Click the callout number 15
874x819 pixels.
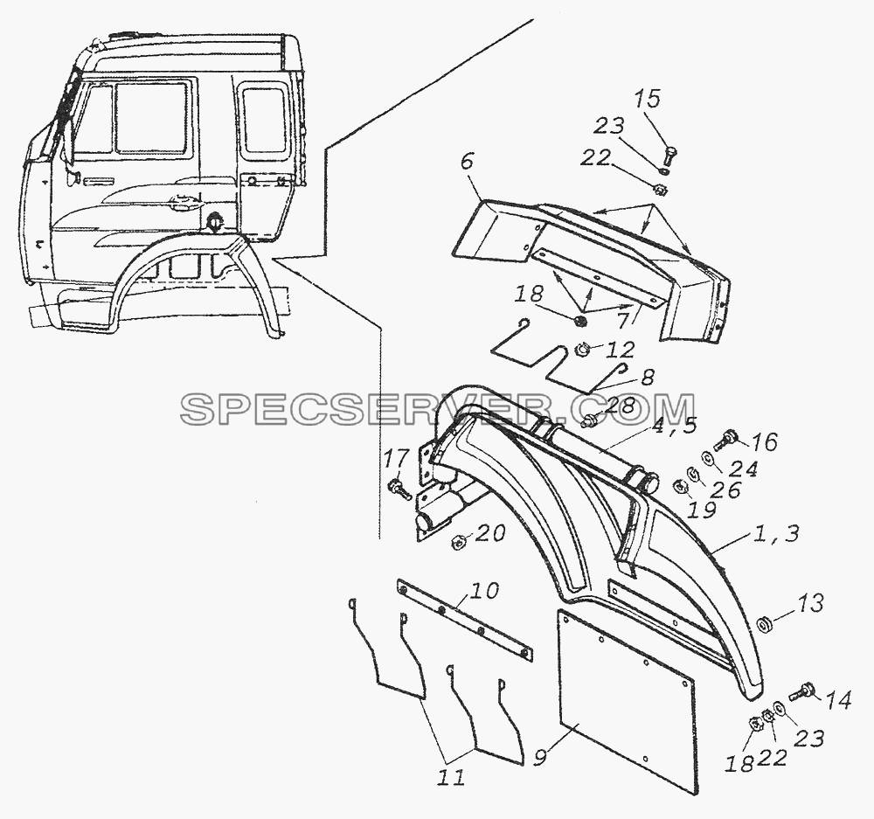coord(647,99)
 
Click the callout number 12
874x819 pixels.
coord(621,350)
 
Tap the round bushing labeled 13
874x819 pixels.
coord(763,624)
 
